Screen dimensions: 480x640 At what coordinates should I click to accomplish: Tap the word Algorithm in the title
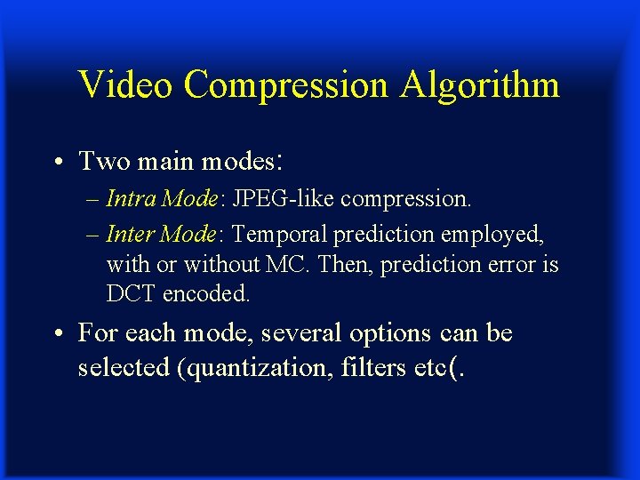(x=480, y=85)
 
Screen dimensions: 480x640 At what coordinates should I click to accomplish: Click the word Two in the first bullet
(x=101, y=162)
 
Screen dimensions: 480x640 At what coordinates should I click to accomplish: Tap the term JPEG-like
(x=282, y=198)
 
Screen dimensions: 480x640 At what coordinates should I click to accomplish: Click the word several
(x=295, y=333)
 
